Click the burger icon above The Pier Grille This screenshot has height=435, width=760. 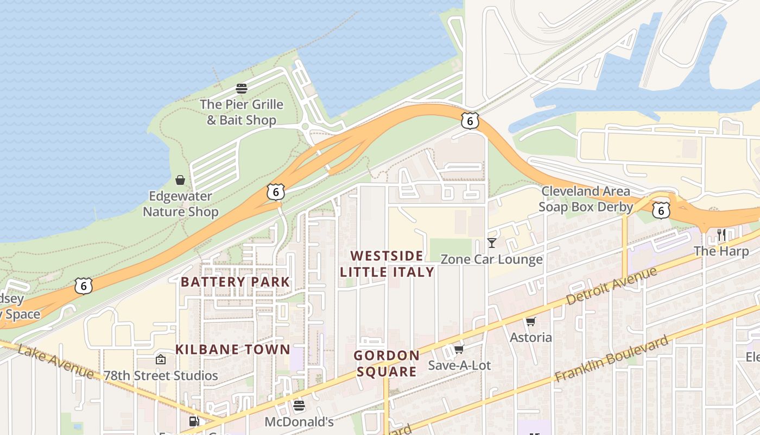click(x=242, y=88)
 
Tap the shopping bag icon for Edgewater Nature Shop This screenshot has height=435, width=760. click(x=180, y=180)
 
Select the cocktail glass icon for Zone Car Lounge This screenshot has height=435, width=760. click(x=492, y=243)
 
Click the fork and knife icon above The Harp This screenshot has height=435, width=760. click(x=721, y=235)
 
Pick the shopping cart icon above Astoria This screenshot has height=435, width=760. click(x=530, y=321)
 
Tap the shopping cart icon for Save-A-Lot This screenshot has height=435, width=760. click(x=459, y=349)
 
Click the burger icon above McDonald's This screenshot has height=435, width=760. click(x=299, y=405)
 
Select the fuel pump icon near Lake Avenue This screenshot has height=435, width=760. click(x=194, y=421)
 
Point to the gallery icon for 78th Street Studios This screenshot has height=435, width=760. click(x=160, y=359)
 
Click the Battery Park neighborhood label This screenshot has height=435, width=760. click(x=236, y=282)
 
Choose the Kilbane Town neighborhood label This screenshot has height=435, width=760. click(x=233, y=349)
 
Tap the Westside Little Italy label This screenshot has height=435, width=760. click(x=387, y=264)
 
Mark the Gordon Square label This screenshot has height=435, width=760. click(x=387, y=363)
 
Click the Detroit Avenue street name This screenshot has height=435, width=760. click(x=612, y=286)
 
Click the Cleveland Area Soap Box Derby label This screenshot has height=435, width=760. click(x=586, y=199)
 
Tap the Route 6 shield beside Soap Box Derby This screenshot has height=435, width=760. click(x=660, y=210)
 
